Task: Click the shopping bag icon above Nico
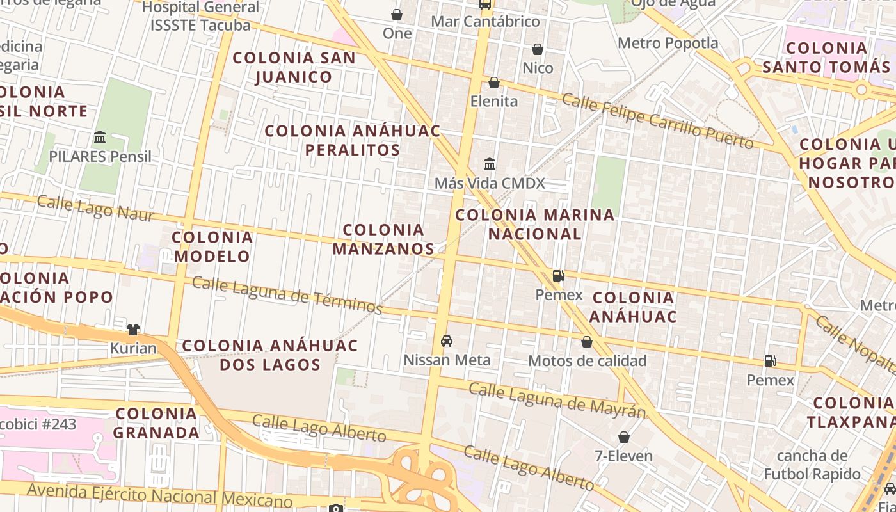[538, 49]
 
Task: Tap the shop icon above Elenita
[494, 83]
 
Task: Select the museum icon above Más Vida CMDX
[490, 164]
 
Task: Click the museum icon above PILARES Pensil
[100, 137]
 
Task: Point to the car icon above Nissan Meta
[447, 340]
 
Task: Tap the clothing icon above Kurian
[133, 330]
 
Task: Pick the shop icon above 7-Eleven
[624, 437]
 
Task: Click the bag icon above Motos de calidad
[587, 342]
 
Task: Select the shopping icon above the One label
[397, 14]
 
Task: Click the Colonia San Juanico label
[294, 67]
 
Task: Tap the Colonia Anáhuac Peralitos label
[353, 140]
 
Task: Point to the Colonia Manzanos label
[383, 239]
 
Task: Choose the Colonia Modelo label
[212, 246]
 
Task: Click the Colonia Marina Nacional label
[535, 224]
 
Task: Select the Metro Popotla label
[668, 43]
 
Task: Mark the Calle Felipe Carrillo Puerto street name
[658, 121]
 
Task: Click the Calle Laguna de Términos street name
[287, 295]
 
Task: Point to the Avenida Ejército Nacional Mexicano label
[159, 495]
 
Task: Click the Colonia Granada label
[157, 423]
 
